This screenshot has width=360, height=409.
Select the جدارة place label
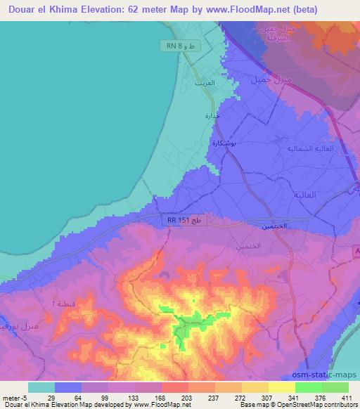[x=212, y=116]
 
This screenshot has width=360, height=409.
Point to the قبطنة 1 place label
[x=67, y=304]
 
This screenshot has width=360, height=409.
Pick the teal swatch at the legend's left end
[x=41, y=387]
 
